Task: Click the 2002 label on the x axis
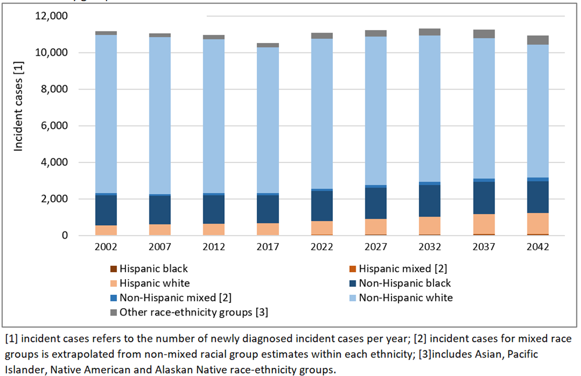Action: click(106, 247)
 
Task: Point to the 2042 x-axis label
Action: click(538, 247)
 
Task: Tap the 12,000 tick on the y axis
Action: click(52, 16)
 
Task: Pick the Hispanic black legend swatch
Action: click(113, 269)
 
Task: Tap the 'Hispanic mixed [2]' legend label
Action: click(403, 269)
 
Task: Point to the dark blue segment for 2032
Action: click(430, 201)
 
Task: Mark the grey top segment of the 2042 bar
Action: click(538, 40)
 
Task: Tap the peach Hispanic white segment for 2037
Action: click(484, 224)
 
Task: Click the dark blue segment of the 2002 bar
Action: click(106, 210)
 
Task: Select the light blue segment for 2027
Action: click(376, 111)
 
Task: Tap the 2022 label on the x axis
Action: click(322, 247)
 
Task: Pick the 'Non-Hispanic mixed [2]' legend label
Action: click(175, 298)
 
